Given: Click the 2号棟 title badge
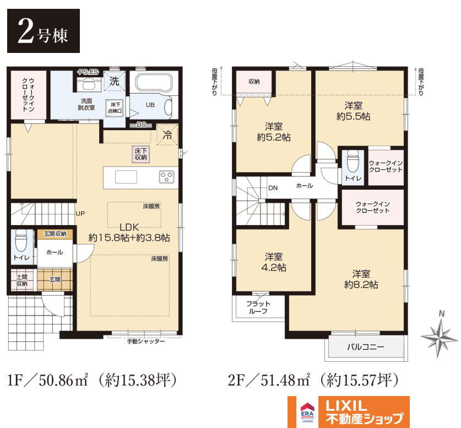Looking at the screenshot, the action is [x=44, y=31].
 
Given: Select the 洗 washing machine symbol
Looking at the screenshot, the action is [x=115, y=81].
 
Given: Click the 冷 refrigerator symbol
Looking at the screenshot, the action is [x=167, y=135].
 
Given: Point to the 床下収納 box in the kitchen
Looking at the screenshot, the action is [x=141, y=154].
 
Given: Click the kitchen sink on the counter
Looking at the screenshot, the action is [x=126, y=177].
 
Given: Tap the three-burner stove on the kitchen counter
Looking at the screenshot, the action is [x=166, y=177].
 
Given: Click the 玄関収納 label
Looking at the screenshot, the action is [x=55, y=234].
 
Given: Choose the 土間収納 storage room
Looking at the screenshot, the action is [x=22, y=280].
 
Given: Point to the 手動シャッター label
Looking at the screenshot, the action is [x=146, y=341].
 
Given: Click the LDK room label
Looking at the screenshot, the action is [x=129, y=233].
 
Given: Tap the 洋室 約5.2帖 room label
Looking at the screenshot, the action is [x=274, y=132].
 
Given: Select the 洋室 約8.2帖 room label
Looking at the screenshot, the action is [x=361, y=279].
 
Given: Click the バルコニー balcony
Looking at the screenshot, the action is [x=366, y=346].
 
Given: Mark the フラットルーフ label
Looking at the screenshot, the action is [x=258, y=307].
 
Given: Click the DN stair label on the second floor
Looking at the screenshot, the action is [x=273, y=188].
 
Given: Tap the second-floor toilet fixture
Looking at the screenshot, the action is [x=352, y=162].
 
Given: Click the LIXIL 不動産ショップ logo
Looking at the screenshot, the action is [x=349, y=412].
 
